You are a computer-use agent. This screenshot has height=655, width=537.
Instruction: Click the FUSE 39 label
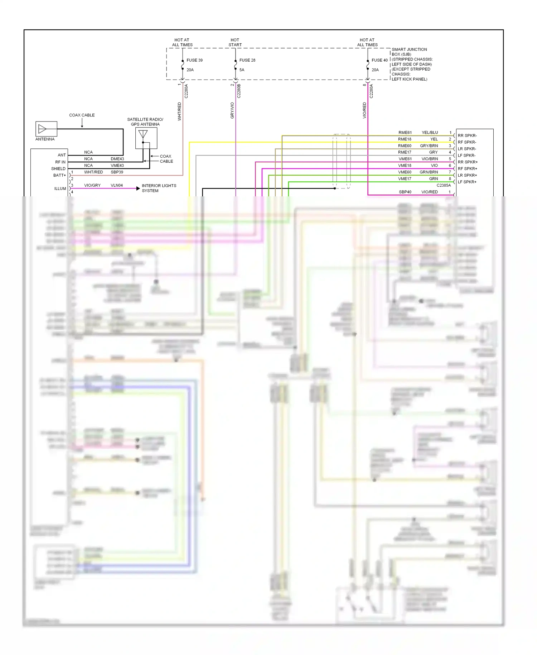tap(194, 60)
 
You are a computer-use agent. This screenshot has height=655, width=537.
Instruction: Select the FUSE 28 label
tap(247, 60)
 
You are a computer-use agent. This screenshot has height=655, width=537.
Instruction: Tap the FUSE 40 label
tap(379, 60)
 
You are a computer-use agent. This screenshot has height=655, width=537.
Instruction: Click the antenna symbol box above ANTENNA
tap(46, 129)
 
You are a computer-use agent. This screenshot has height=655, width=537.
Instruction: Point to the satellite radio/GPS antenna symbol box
tap(146, 138)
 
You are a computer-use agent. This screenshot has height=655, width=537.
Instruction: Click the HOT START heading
tap(235, 42)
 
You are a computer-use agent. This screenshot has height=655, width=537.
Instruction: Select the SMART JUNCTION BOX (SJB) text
tap(409, 52)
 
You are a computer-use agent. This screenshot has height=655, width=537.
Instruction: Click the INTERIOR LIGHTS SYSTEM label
tap(159, 188)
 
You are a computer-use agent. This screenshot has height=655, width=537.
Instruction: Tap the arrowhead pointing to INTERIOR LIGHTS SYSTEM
tap(138, 188)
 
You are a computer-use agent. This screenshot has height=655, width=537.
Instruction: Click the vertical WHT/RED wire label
tap(180, 111)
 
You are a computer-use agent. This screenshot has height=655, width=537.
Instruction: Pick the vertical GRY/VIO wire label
tap(232, 110)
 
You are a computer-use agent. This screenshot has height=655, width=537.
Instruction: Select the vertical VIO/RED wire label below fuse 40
tap(364, 110)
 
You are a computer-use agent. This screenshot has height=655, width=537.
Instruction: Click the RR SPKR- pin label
tap(467, 135)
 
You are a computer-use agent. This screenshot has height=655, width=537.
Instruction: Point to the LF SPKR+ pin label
tap(467, 182)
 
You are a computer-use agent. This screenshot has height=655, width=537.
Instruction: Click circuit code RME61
tap(405, 133)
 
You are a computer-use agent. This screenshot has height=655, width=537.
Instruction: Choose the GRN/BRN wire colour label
tap(429, 172)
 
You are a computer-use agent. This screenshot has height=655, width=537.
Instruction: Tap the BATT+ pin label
tap(59, 175)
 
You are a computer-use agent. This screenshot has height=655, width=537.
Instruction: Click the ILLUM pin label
tap(60, 188)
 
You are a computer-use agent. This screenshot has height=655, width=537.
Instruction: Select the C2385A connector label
tap(444, 185)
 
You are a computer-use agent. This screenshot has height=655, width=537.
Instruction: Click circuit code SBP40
tap(405, 192)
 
